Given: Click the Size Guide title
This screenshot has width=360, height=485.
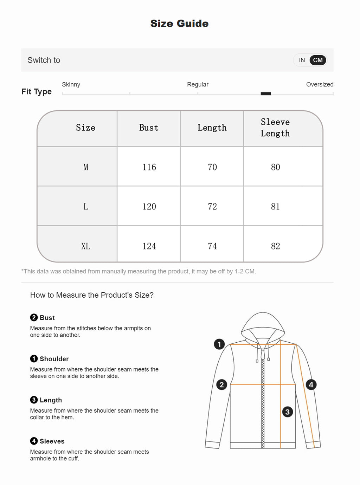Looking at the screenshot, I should click(179, 24).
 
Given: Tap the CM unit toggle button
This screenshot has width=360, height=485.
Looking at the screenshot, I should click(318, 60).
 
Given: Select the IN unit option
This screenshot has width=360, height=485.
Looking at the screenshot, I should click(302, 60).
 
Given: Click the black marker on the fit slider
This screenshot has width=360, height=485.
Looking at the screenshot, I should click(266, 94).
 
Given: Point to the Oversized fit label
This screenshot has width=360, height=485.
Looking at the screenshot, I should click(320, 84).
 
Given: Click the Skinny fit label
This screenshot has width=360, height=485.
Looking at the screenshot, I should click(71, 84).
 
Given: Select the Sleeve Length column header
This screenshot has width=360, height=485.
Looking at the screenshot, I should click(275, 128).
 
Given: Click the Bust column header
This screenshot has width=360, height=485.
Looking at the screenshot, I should click(149, 128).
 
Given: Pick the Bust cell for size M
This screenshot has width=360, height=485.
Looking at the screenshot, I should click(149, 167).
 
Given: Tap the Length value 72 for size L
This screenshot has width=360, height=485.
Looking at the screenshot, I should click(212, 206).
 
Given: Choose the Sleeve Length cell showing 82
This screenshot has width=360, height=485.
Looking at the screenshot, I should click(276, 246).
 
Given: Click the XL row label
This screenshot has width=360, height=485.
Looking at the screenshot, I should click(86, 246).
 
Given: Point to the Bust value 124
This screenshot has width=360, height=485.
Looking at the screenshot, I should click(149, 246).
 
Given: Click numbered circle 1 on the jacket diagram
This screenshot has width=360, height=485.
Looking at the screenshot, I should click(219, 344).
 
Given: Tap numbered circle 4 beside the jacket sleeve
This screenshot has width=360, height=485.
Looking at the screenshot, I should click(311, 384).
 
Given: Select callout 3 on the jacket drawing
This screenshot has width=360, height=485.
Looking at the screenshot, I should click(288, 412).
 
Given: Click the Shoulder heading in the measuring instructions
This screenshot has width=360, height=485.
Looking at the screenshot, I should click(54, 359).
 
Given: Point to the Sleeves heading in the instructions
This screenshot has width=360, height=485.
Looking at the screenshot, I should click(52, 441).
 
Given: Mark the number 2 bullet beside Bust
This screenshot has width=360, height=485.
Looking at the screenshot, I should click(34, 317).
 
